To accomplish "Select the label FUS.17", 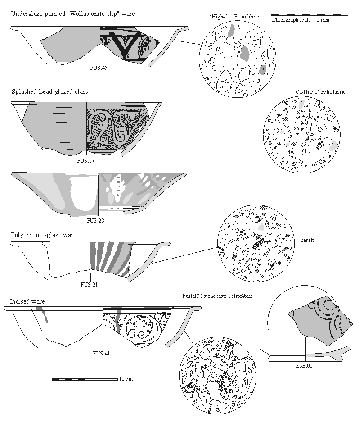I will (x=86, y=160).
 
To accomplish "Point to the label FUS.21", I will (x=89, y=284).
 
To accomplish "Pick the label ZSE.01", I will (x=305, y=366).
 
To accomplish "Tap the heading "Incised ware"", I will (x=27, y=301).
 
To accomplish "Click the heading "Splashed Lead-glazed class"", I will (x=49, y=91).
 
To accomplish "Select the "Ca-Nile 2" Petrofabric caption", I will (x=319, y=91).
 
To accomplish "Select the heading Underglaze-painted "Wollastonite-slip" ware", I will (x=72, y=14).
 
